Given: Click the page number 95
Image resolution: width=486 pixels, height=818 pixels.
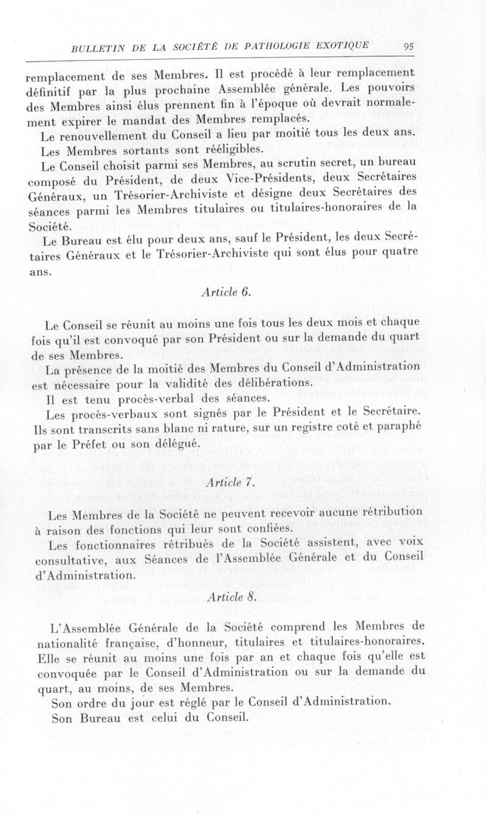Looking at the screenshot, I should [x=408, y=46].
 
